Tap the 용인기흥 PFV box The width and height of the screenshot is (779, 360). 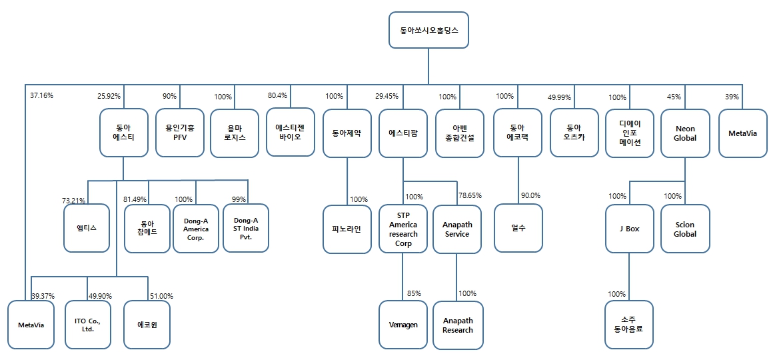(179, 133)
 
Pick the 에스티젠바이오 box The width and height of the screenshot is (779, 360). (291, 132)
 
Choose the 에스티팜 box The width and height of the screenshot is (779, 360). (402, 133)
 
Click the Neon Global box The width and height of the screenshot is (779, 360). (684, 133)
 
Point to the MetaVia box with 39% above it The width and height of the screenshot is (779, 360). (742, 133)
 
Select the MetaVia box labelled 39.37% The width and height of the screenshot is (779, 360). (31, 325)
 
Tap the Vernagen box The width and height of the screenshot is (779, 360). (402, 325)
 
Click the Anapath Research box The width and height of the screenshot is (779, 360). (457, 325)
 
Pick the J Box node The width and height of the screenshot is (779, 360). (629, 229)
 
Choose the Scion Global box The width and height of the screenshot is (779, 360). (684, 229)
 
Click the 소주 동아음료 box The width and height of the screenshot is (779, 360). (629, 325)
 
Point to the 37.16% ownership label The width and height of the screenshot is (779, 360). (41, 95)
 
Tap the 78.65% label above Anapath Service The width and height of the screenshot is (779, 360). (470, 196)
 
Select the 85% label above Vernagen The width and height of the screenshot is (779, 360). (413, 293)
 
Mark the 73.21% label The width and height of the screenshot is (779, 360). (74, 200)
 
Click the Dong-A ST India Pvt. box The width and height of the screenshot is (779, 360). (246, 229)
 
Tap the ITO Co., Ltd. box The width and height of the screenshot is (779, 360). (88, 325)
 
